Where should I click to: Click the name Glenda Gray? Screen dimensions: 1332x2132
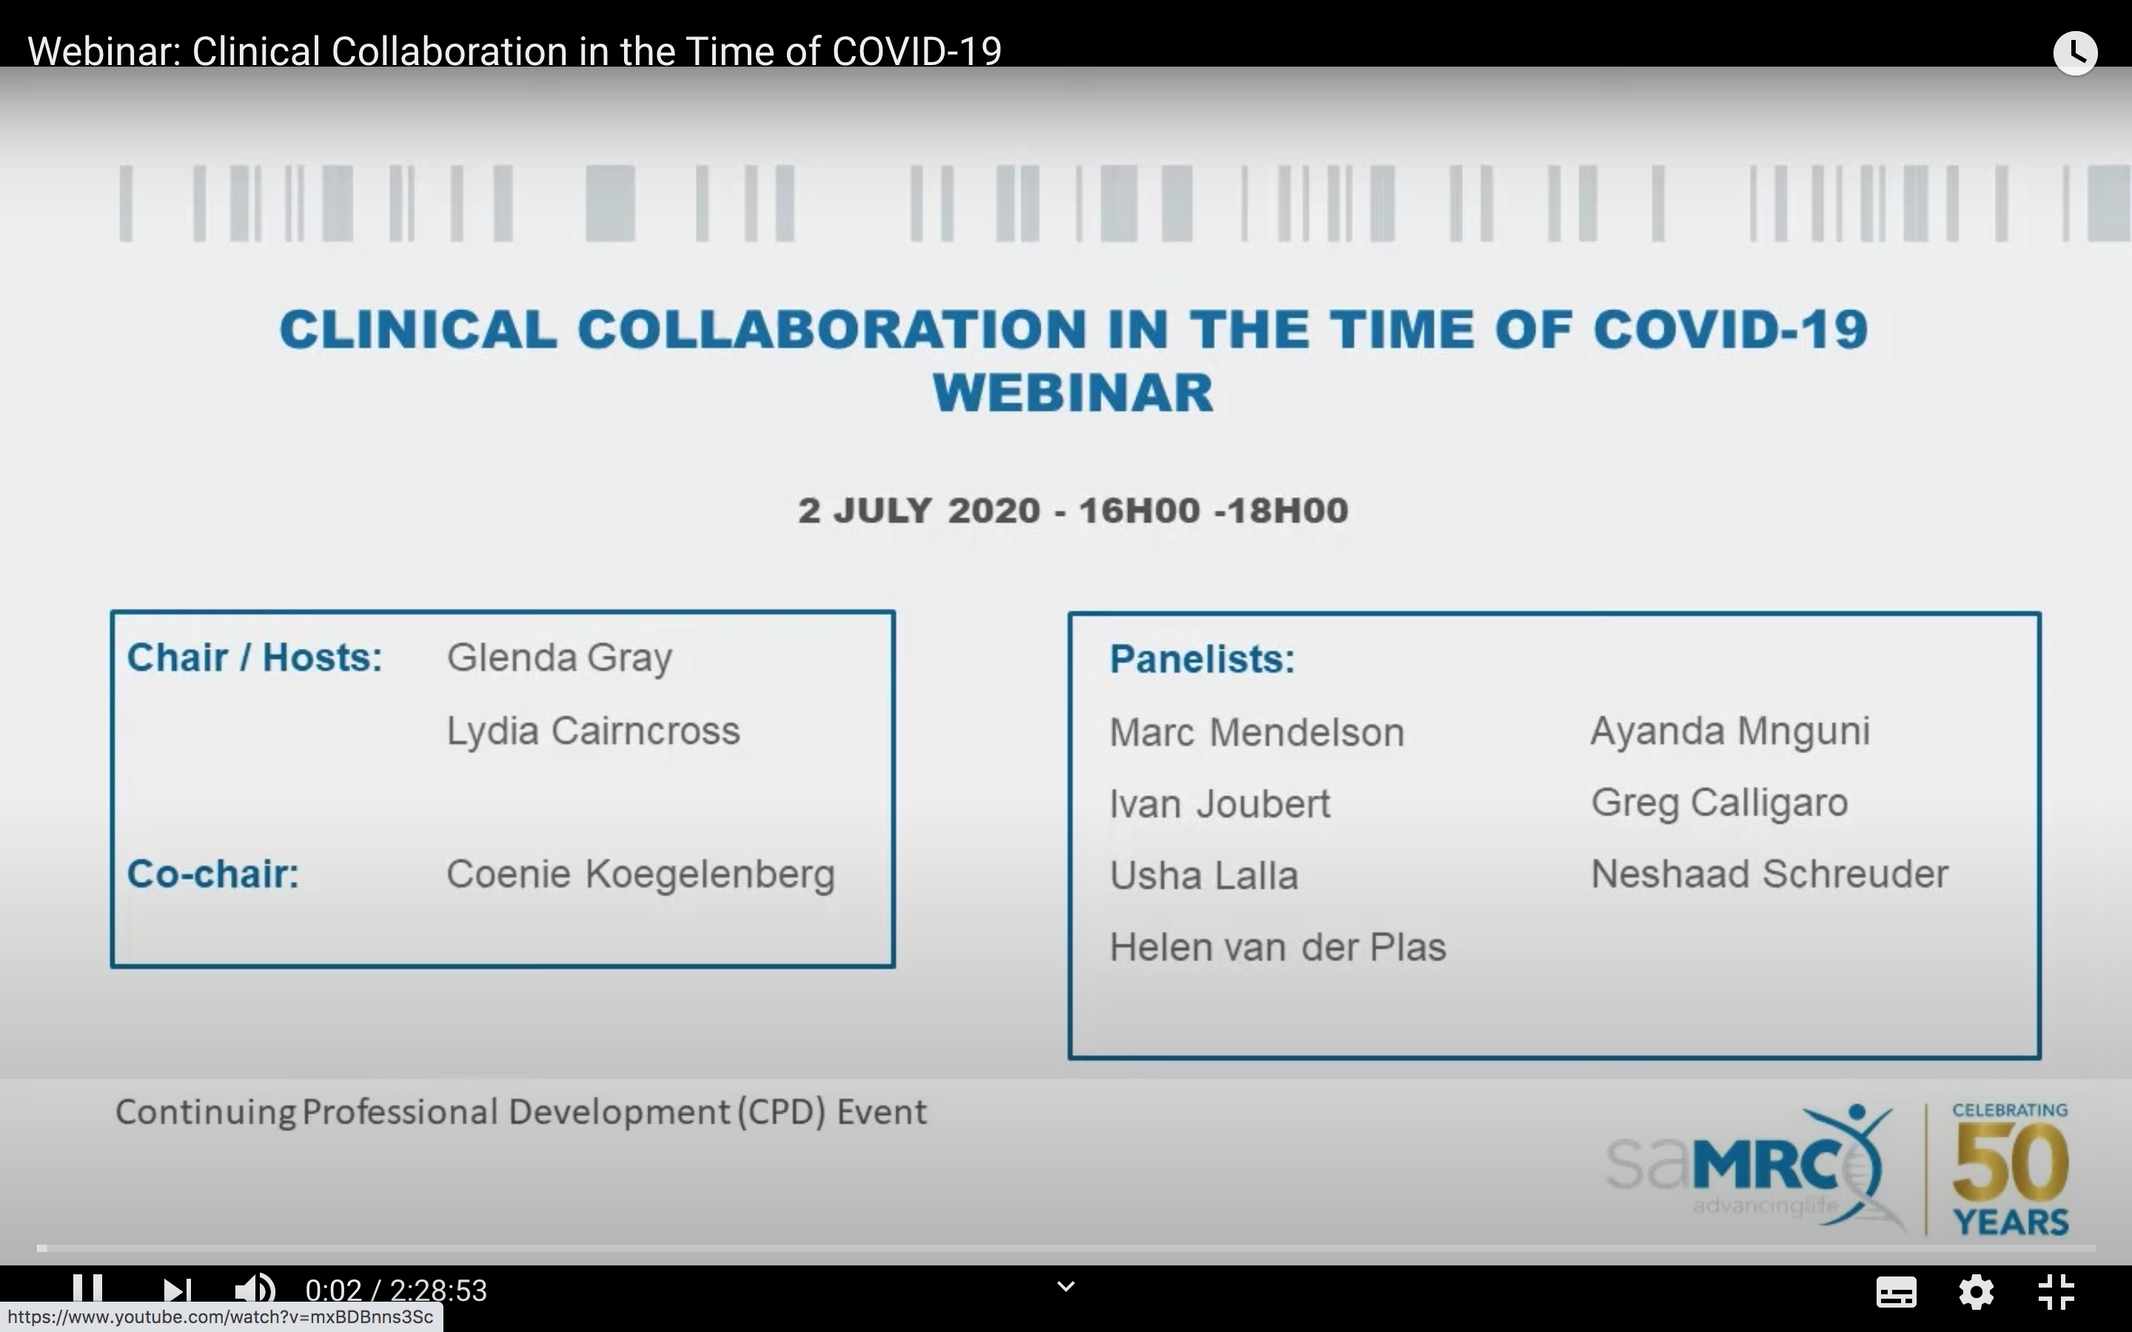coord(560,658)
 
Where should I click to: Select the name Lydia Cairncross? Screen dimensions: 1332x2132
coord(593,731)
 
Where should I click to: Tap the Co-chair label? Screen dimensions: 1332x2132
coord(213,874)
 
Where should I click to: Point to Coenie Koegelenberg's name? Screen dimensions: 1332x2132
coord(640,875)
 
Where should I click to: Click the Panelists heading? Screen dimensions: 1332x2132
coord(1201,659)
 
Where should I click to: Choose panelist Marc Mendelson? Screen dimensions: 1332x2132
coord(1256,732)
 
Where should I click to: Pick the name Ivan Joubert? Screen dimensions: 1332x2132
coord(1219,804)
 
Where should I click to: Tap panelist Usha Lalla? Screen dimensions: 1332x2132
coord(1204,875)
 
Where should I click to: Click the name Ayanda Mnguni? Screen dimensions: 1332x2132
coord(1729,731)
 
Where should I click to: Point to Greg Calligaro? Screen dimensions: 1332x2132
coord(1719,803)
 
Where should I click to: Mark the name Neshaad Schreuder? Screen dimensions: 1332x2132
coord(1769,874)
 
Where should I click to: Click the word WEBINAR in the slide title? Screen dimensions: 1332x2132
coord(1073,393)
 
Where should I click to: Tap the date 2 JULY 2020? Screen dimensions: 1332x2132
coord(919,511)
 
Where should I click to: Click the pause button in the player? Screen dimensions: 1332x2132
coord(87,1290)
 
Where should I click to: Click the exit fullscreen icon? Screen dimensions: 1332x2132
coord(2057,1291)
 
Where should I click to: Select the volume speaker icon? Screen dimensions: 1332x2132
coord(254,1291)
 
